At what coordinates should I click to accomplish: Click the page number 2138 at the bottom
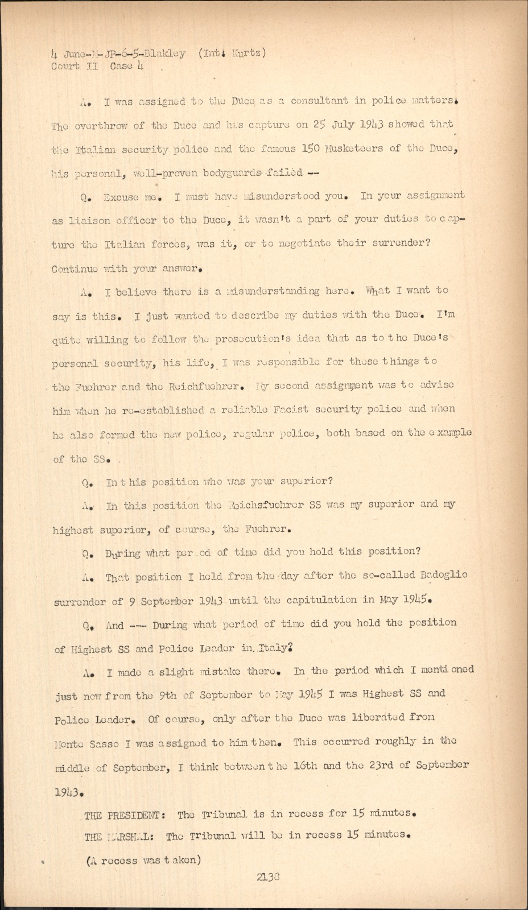click(269, 877)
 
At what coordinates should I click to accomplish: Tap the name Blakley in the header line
click(165, 53)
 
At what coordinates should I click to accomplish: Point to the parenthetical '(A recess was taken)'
click(143, 860)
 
